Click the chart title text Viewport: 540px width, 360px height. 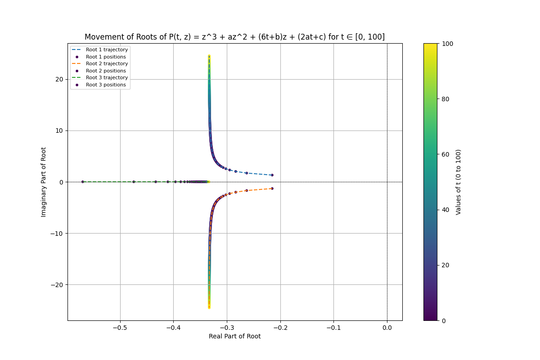pyautogui.click(x=234, y=37)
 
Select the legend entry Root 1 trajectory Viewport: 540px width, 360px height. pyautogui.click(x=107, y=50)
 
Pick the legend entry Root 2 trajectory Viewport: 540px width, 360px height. pyautogui.click(x=107, y=64)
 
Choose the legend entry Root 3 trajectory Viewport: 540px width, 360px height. pyautogui.click(x=107, y=78)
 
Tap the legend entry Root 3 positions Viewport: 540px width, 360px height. pyautogui.click(x=106, y=85)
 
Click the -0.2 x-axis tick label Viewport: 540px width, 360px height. pyautogui.click(x=280, y=328)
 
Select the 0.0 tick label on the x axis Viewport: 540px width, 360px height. pyautogui.click(x=387, y=328)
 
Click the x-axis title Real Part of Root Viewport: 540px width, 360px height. pyautogui.click(x=234, y=336)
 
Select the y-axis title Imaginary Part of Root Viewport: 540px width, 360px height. pyautogui.click(x=44, y=182)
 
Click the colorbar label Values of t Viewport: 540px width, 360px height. pyautogui.click(x=459, y=182)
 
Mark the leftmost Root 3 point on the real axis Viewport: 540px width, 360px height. pyautogui.click(x=82, y=182)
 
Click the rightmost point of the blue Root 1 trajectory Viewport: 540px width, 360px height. pyautogui.click(x=272, y=175)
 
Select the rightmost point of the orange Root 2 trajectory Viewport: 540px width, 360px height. pyautogui.click(x=272, y=189)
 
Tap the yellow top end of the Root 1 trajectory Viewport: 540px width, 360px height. pyautogui.click(x=209, y=56)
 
